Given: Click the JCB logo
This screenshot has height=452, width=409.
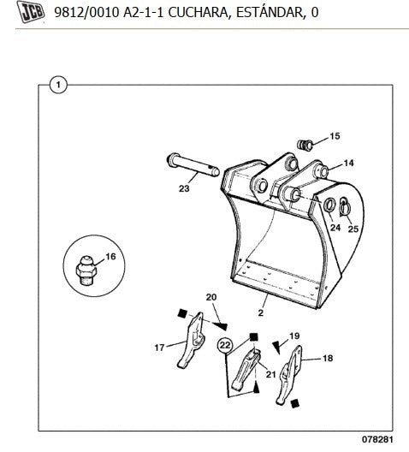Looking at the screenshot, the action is point(31,12).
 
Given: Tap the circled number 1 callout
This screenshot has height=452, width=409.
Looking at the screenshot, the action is point(58,85).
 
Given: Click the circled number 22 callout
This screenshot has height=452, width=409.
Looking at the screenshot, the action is point(226,345).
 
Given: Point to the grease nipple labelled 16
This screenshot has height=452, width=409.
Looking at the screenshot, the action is point(86,271).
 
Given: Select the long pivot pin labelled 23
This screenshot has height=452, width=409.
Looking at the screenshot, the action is point(193,165).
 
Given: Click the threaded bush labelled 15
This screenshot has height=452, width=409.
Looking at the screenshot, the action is point(305,144).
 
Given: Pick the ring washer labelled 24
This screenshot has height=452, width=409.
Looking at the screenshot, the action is point(329,205).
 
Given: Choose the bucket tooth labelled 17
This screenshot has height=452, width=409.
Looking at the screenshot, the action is point(191,341).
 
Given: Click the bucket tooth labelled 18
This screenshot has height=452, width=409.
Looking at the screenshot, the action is point(289,375).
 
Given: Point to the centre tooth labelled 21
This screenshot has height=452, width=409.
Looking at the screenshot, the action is point(246,370).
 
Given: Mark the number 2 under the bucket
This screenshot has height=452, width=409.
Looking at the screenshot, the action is point(261,312).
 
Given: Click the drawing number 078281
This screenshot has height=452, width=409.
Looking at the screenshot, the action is point(377,439).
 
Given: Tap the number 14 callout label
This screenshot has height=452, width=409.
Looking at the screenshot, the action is point(348,164).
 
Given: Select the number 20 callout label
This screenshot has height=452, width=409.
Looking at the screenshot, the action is point(211,297).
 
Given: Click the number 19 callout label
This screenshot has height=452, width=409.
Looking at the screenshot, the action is point(294,336).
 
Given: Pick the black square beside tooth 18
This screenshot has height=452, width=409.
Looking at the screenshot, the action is point(294,403).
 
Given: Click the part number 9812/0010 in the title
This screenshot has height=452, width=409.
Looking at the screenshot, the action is point(86,12).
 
